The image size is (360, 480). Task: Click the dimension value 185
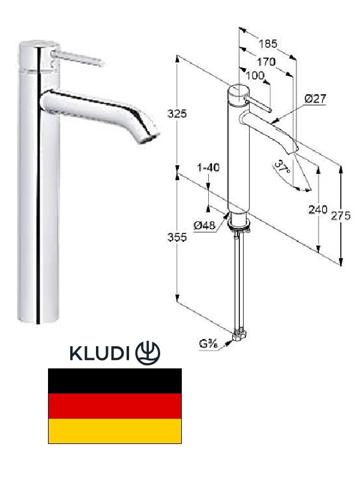pos(268,43)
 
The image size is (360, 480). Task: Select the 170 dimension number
pos(266,62)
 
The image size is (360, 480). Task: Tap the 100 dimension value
pos(255,76)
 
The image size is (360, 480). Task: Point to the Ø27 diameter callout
pos(316,98)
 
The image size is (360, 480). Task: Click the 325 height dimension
pos(177,114)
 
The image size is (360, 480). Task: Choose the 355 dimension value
pos(177,237)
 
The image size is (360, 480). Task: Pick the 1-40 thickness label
pos(208,167)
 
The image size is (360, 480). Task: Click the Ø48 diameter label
pos(205,226)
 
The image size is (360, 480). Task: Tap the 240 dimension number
pos(318,209)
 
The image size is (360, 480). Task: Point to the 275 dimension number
pos(340,216)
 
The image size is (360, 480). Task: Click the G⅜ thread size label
pos(208,344)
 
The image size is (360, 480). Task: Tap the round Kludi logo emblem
pos(148,353)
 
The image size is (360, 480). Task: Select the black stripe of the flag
pos(115,381)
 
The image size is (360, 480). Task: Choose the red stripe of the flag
pos(115,406)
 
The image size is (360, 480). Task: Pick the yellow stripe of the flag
pos(115,431)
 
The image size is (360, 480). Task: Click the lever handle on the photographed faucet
pos(77,58)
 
